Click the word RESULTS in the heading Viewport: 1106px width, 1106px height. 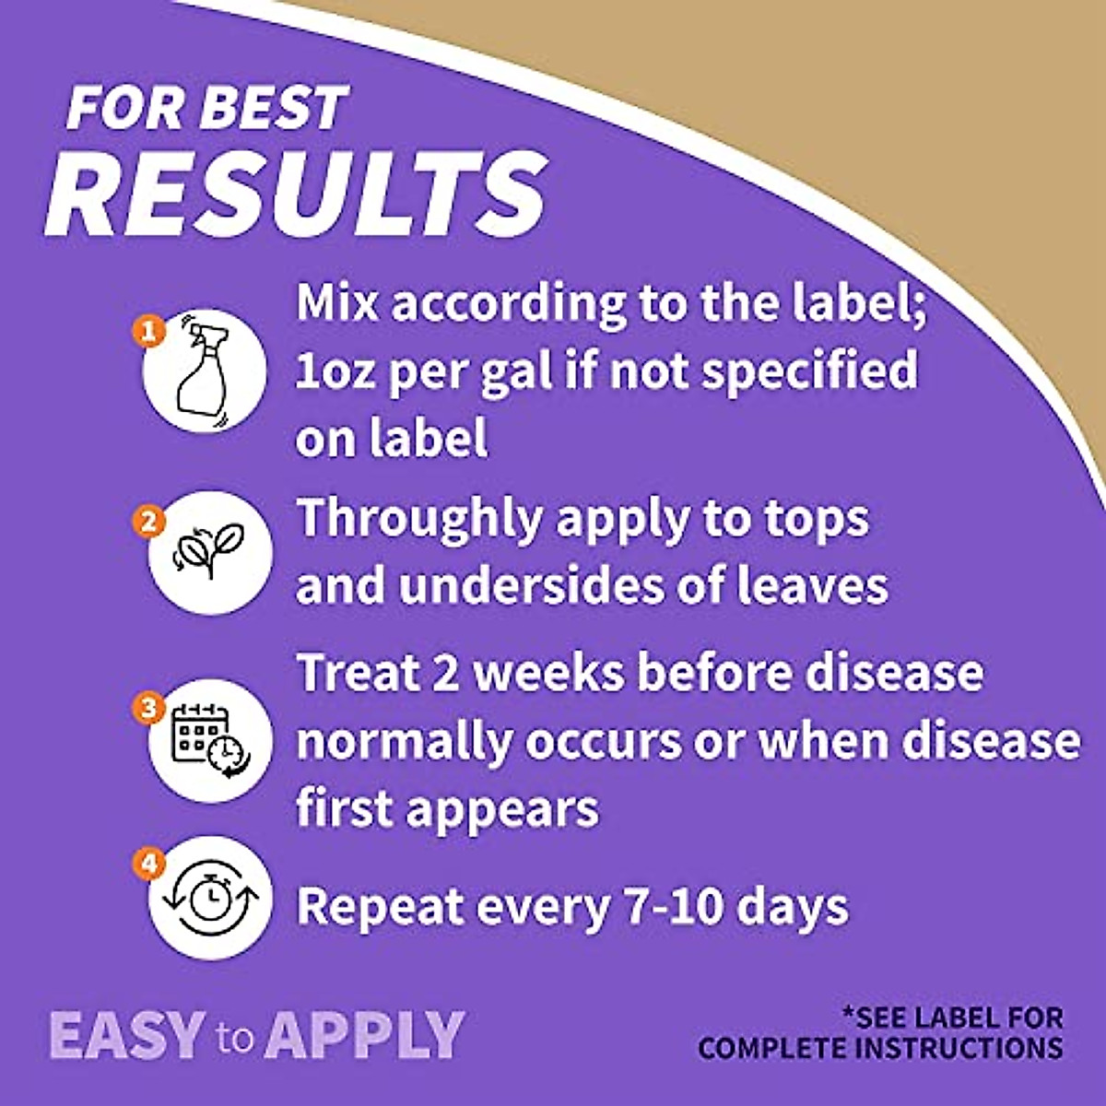296,193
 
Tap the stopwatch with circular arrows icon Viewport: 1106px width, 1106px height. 211,899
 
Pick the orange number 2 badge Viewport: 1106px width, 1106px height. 149,522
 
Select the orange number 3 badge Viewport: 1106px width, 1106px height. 149,707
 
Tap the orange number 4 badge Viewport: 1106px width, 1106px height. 149,864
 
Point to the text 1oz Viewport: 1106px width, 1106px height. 335,371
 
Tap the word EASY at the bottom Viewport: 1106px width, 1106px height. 127,1036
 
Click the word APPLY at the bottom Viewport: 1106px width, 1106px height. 364,1036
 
